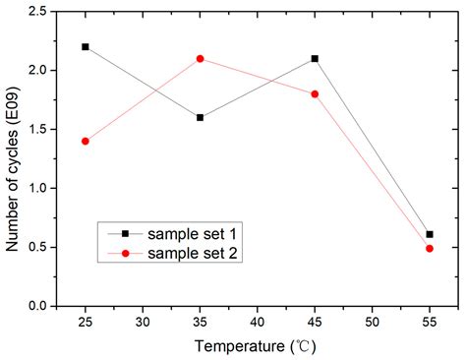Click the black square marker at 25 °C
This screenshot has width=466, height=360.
(86, 46)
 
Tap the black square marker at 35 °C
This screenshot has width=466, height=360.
(201, 117)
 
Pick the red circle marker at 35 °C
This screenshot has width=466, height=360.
(201, 58)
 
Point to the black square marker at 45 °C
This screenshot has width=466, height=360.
(315, 58)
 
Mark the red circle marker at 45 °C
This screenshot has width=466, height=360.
(315, 93)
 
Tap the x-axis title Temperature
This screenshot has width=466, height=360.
(255, 346)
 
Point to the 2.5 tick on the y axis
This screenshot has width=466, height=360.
(39, 11)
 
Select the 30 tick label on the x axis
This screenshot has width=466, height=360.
(143, 322)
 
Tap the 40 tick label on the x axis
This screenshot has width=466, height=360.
(258, 322)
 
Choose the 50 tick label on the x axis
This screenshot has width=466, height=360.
(373, 322)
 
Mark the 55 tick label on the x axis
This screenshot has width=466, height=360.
(430, 322)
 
